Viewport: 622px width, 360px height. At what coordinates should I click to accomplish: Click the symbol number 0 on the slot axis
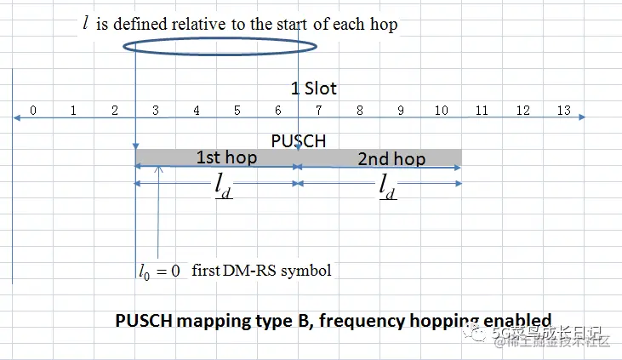[x=32, y=111]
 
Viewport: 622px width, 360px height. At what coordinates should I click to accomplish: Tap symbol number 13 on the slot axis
[x=563, y=111]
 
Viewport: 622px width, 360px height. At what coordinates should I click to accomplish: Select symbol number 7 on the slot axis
[x=318, y=111]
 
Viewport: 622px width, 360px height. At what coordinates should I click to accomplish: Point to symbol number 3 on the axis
[x=156, y=111]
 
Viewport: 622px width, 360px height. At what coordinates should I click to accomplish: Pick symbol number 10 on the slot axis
[x=441, y=111]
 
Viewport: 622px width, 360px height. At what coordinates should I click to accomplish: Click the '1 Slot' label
[x=314, y=89]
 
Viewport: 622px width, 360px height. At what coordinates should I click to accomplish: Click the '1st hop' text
[x=226, y=158]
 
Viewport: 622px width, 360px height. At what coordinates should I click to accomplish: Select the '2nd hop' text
[x=391, y=159]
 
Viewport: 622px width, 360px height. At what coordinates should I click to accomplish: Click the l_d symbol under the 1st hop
[x=224, y=187]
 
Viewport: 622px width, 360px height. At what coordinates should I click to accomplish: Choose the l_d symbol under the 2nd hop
[x=387, y=187]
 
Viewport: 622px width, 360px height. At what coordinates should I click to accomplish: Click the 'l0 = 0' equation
[x=160, y=271]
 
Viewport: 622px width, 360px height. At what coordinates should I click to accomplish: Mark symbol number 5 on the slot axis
[x=237, y=111]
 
